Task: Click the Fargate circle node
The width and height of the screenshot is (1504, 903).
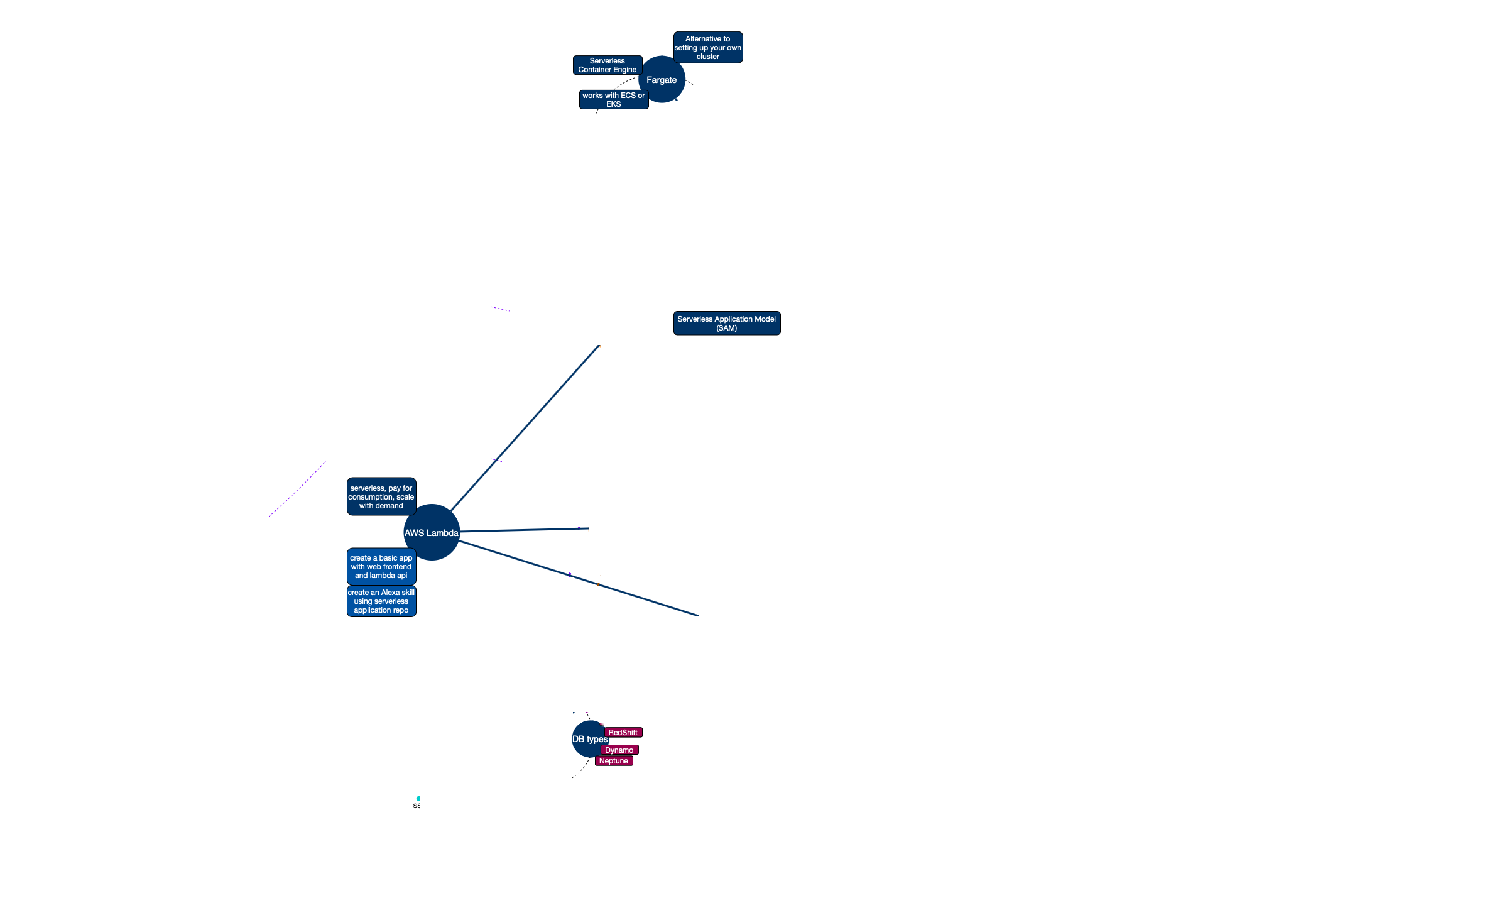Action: coord(662,80)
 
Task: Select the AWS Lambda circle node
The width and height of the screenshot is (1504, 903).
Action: coord(431,533)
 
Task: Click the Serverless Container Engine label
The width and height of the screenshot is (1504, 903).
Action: coord(607,65)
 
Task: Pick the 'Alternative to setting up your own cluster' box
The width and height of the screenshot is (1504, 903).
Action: coord(707,48)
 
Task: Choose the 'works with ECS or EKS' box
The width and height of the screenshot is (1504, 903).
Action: coord(613,100)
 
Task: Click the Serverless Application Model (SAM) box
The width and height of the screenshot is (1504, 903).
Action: coord(726,324)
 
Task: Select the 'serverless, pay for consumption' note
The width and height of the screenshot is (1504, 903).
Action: coord(381,497)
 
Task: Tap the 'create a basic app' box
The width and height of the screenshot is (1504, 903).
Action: coord(381,567)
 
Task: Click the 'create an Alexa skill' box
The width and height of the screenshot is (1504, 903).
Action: coord(381,601)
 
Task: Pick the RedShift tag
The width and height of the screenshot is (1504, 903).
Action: coord(623,733)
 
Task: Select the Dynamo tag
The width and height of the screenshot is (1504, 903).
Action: coord(619,750)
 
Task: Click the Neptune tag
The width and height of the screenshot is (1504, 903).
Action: coord(613,761)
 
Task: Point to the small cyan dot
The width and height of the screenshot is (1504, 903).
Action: coord(418,799)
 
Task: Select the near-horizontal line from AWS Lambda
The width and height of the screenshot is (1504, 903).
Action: coord(521,530)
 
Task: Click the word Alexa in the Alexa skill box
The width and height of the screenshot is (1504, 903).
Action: coord(390,593)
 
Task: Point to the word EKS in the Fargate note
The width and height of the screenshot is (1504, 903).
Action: coord(613,104)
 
